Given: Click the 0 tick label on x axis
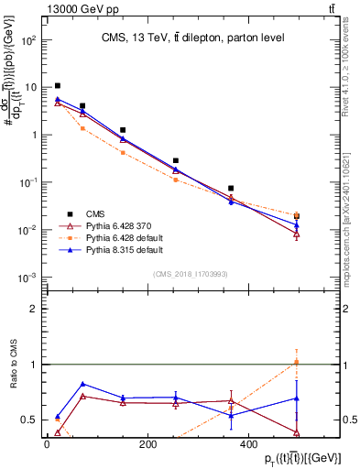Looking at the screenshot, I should pos(46,443).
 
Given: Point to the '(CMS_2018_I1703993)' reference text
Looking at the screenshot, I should pos(191,273).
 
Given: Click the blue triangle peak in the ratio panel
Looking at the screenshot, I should pos(83,384).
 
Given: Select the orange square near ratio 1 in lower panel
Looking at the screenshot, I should pos(297,362).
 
